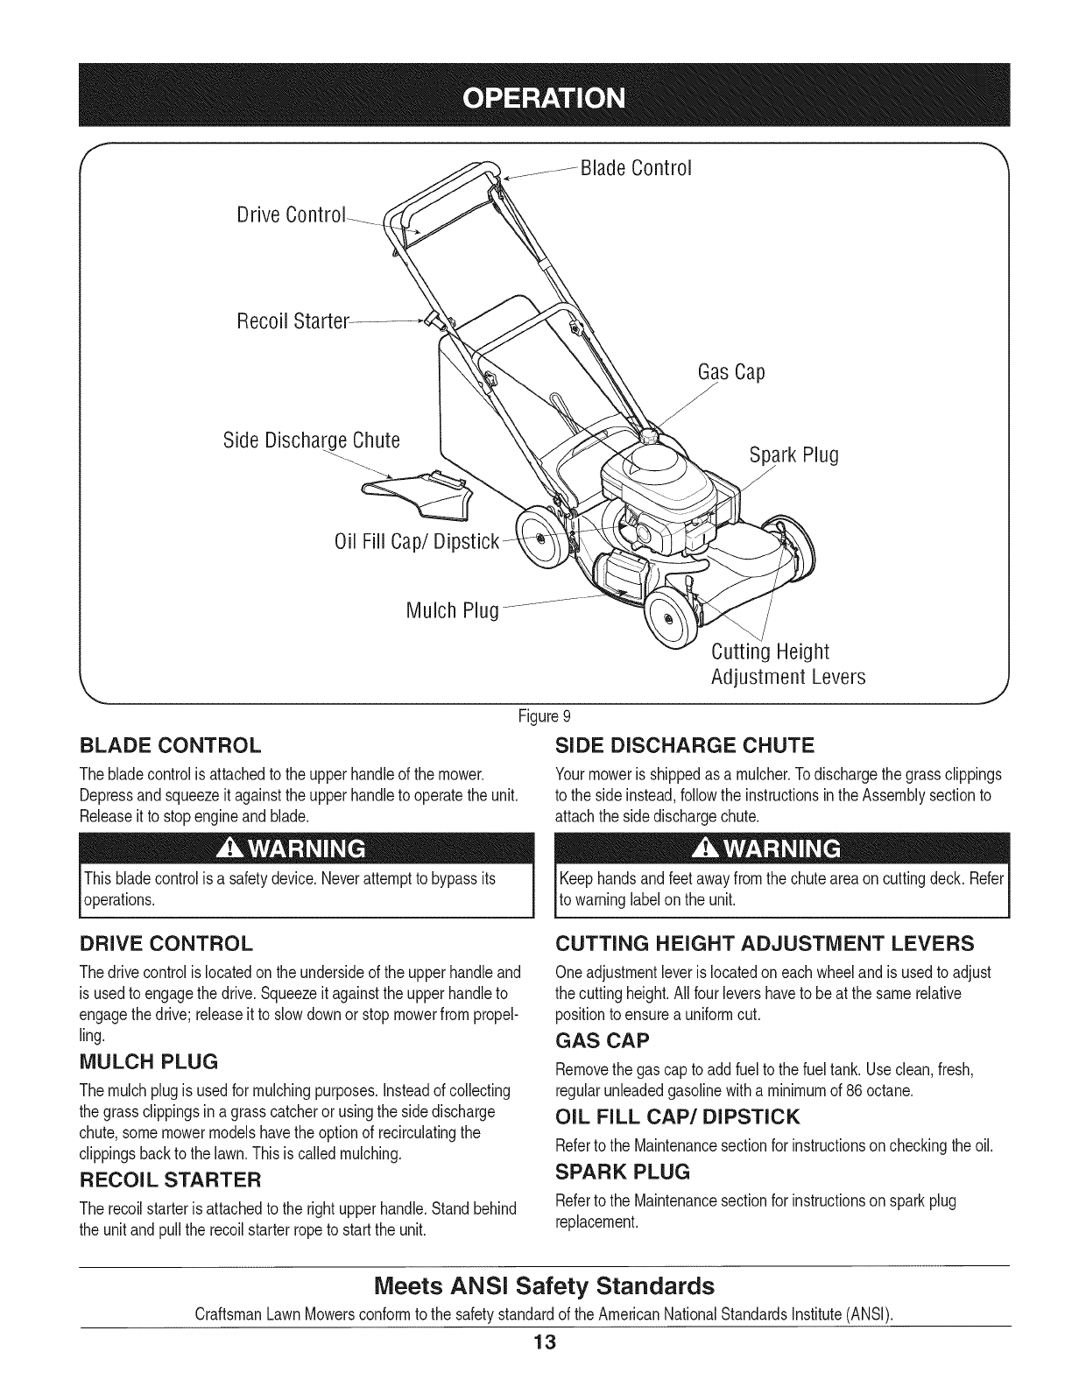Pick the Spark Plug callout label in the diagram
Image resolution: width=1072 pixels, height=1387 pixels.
click(794, 455)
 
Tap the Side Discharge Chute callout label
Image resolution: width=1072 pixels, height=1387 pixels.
click(312, 440)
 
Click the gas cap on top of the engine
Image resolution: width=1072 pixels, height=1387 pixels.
click(650, 435)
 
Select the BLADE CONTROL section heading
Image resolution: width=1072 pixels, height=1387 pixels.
click(170, 746)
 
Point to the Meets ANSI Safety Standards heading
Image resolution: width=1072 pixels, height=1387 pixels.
click(544, 1286)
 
